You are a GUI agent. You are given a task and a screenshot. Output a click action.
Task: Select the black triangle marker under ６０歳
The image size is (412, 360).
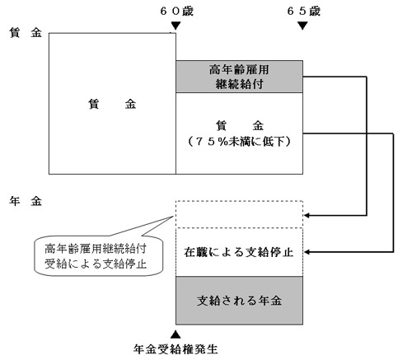coord(175,27)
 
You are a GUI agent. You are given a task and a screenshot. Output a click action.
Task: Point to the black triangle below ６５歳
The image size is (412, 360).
coord(302,26)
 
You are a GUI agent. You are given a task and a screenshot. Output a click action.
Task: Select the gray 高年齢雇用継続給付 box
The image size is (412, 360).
coord(239,77)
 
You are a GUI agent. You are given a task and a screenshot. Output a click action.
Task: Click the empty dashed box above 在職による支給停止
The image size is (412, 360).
coord(239,213)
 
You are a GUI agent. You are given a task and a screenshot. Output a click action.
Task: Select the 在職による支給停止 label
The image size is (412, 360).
coord(239,251)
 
